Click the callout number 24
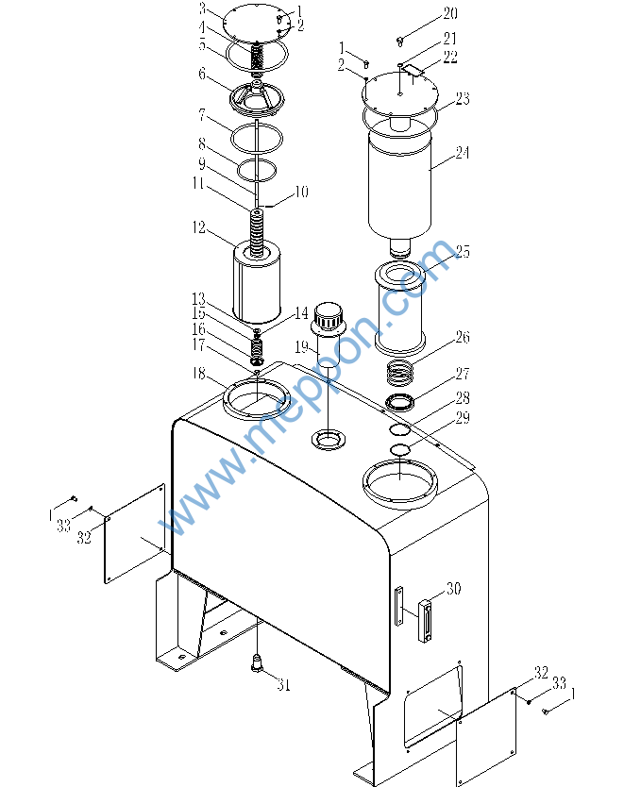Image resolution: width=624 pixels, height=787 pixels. tap(463, 152)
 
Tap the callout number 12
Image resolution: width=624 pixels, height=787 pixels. tap(199, 227)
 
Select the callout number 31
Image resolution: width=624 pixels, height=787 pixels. tap(283, 684)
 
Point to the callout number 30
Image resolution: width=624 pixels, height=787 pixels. tap(453, 588)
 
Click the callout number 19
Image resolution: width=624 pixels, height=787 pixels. tap(302, 346)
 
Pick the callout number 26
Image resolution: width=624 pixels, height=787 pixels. tap(463, 337)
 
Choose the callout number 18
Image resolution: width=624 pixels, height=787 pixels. tap(199, 373)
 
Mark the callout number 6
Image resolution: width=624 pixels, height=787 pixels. tap(202, 74)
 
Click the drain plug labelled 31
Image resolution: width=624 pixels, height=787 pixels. tap(257, 663)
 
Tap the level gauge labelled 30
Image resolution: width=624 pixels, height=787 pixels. tap(426, 620)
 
